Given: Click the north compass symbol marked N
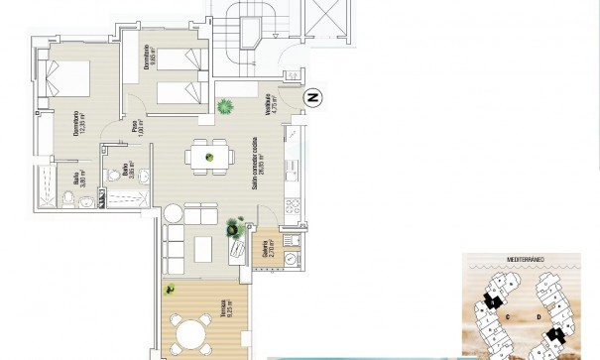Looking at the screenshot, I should point(313,97).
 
